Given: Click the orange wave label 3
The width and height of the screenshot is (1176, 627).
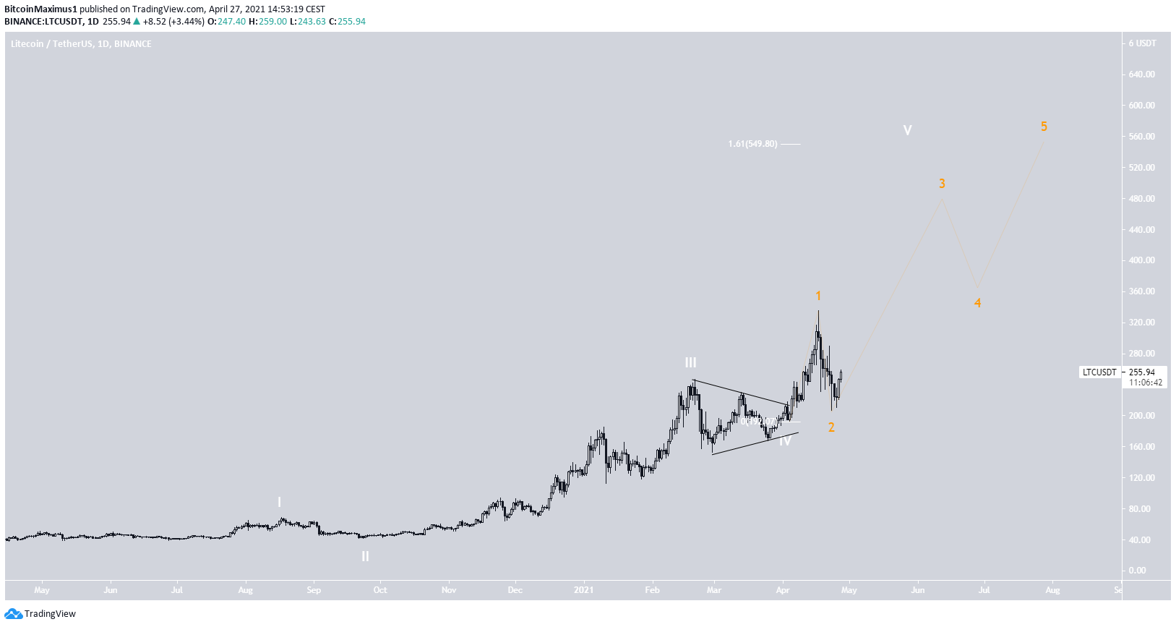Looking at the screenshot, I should tap(942, 184).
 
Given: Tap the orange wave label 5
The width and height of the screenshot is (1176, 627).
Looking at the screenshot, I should tap(1044, 127).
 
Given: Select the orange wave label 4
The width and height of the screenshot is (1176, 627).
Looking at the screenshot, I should tap(977, 303).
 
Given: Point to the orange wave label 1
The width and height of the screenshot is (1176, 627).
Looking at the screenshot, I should tap(818, 296).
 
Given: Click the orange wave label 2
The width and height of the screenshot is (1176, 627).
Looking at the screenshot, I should tap(831, 427).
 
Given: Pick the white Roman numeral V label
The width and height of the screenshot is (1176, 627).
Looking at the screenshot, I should tap(907, 130).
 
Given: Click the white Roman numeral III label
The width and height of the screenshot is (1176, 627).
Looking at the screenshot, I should tap(691, 362).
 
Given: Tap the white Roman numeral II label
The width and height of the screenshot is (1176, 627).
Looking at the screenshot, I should tap(365, 556).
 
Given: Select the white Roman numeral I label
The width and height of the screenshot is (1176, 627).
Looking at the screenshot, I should tap(280, 502).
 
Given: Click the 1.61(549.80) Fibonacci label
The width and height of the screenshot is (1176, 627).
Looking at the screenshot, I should tap(752, 144).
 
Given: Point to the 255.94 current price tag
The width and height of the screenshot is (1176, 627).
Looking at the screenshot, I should tap(1142, 372).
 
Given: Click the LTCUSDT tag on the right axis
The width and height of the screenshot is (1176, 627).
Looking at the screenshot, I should tap(1099, 372).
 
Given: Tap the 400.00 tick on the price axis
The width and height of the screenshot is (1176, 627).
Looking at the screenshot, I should tap(1142, 260).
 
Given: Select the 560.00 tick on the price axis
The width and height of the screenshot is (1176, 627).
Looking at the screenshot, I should tap(1142, 137).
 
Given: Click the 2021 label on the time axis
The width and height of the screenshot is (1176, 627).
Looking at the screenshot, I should tap(583, 590).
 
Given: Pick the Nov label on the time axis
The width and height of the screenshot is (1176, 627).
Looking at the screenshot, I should tap(449, 590).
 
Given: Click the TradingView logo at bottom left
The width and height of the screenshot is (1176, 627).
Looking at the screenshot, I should tap(40, 614).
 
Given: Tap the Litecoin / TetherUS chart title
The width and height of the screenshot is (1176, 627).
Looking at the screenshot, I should tap(81, 44).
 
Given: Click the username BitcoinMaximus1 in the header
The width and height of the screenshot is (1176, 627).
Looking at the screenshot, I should tap(40, 9).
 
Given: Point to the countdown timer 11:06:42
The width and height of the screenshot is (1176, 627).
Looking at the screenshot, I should tap(1146, 383).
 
